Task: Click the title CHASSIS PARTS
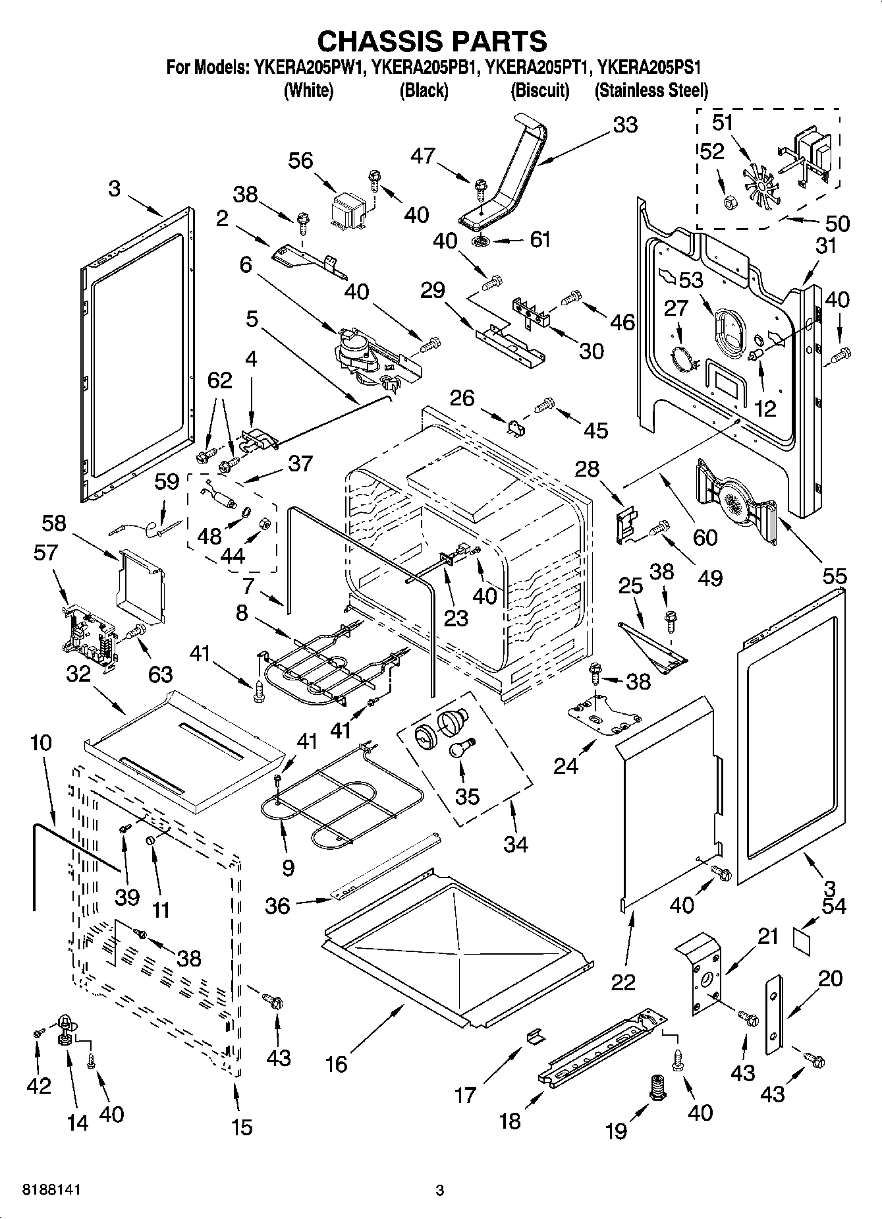[x=432, y=41]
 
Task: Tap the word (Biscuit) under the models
[x=539, y=90]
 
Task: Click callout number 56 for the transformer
[x=300, y=161]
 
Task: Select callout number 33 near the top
[x=624, y=125]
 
